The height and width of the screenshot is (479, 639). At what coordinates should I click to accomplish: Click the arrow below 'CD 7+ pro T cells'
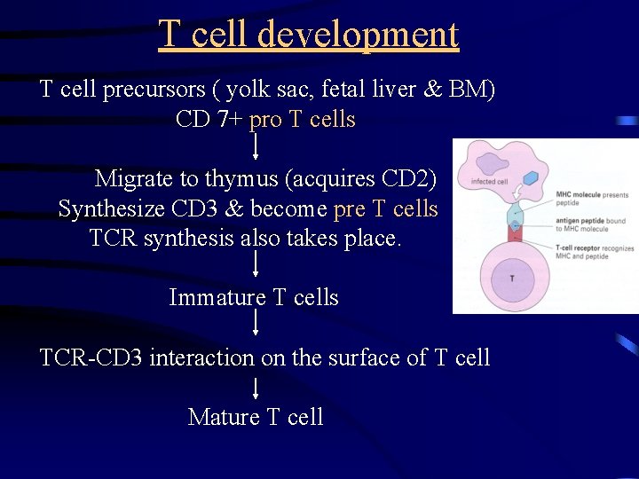[x=256, y=145]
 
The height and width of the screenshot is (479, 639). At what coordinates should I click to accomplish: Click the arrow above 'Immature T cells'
[x=256, y=265]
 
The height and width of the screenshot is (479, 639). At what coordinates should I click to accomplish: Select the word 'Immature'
[x=217, y=297]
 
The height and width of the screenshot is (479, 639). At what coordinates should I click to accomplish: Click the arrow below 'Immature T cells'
[x=256, y=324]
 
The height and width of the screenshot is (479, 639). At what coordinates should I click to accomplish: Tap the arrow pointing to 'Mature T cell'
[x=256, y=389]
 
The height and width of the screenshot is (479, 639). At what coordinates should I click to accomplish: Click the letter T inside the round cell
[x=511, y=279]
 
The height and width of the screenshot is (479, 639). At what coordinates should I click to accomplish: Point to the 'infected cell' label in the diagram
[x=489, y=182]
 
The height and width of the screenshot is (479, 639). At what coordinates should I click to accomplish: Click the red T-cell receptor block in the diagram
[x=514, y=233]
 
